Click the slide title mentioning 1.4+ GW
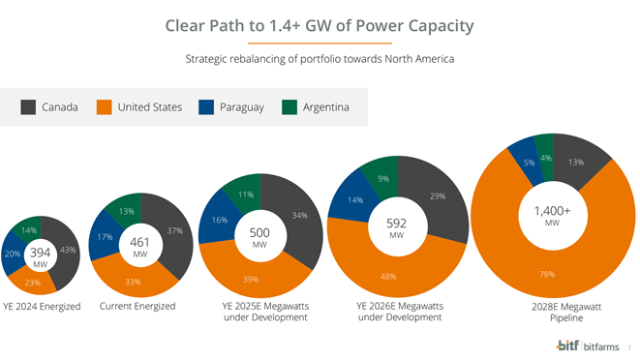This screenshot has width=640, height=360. [320, 25]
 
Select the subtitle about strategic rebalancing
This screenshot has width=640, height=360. [320, 59]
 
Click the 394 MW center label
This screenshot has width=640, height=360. [41, 256]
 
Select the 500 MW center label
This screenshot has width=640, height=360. [259, 237]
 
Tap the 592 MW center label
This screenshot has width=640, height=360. [396, 228]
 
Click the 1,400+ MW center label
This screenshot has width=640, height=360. [552, 215]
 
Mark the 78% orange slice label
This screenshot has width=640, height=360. [546, 274]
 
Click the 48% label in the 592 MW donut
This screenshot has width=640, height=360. [387, 276]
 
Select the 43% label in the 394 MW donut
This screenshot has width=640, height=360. [68, 251]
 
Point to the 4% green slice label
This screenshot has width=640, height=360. [546, 158]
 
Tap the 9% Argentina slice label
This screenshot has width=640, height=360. [383, 179]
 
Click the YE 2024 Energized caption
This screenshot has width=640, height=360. [42, 307]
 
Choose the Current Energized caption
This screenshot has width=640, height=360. [137, 307]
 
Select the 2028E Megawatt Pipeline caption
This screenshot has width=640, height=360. [553, 312]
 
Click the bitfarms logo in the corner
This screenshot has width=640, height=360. [591, 345]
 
